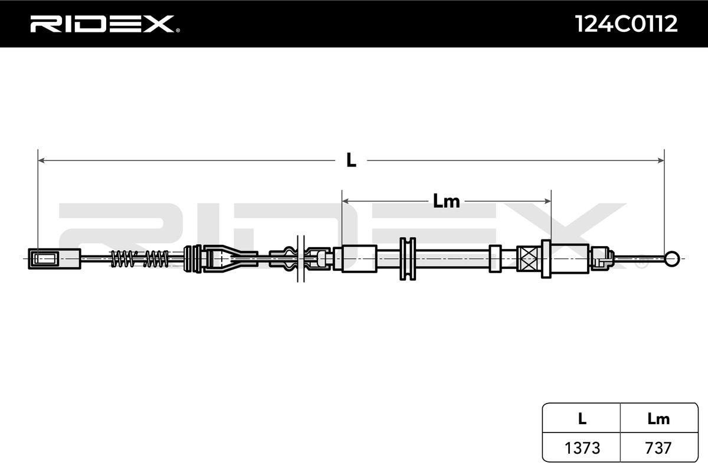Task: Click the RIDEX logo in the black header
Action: click(105, 24)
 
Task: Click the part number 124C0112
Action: click(626, 24)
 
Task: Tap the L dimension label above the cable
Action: click(351, 160)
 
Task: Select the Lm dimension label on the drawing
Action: click(446, 201)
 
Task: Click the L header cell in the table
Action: click(582, 419)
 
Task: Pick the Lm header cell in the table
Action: click(658, 419)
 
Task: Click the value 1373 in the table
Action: click(582, 448)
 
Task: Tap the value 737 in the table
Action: click(658, 448)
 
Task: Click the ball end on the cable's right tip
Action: click(671, 259)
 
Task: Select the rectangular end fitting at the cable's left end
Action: click(54, 259)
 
